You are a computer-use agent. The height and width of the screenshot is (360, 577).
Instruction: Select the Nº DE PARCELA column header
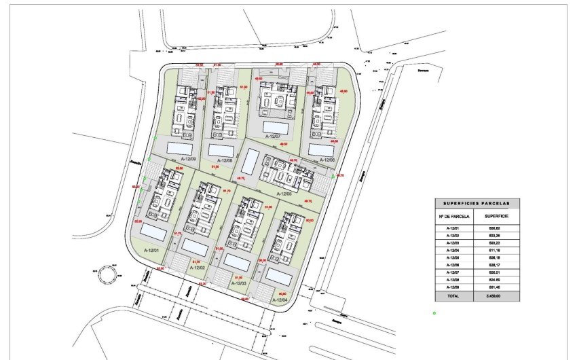455,216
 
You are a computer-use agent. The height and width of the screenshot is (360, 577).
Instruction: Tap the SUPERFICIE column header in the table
498,216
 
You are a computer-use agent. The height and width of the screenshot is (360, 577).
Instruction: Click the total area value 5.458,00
498,296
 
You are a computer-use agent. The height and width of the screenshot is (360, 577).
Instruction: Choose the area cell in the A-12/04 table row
498,251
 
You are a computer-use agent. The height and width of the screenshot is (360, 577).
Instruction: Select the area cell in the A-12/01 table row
498,228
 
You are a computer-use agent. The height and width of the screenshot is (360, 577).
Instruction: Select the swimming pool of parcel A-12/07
275,126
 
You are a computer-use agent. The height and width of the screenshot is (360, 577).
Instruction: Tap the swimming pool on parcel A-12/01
153,233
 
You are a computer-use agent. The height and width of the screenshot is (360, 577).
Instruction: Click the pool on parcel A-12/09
180,147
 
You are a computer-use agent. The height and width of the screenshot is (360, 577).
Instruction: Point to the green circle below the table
434,313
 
